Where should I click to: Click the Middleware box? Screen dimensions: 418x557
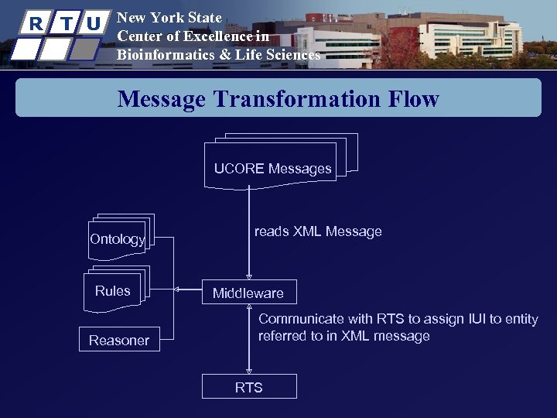(248, 293)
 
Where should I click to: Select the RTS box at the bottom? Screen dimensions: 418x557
(248, 387)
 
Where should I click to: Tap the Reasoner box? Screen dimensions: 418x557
(118, 341)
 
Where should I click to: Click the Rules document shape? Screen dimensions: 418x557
(114, 291)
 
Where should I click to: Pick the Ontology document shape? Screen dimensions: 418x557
(118, 239)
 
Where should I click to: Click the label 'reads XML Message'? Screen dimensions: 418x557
(318, 231)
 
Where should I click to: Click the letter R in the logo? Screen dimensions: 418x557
(36, 23)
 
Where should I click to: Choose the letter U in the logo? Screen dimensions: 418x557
(94, 23)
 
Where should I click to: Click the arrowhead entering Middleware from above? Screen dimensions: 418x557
(248, 276)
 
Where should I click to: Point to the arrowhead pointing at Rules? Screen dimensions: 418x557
(176, 290)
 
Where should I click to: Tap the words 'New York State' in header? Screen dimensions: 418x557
(169, 17)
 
